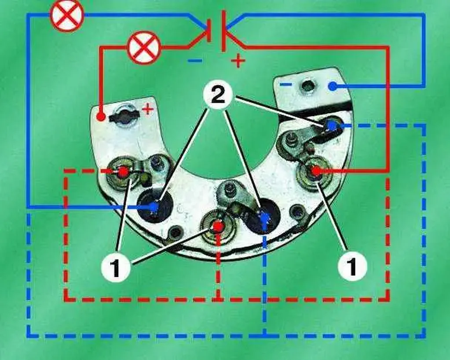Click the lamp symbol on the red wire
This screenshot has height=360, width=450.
[143, 48]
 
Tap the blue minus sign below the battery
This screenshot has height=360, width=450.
[195, 61]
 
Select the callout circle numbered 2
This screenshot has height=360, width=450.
[218, 96]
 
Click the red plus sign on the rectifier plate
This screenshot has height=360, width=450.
[148, 109]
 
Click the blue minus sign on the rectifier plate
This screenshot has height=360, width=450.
[286, 84]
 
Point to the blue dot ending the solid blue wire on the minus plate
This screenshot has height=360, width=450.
[333, 86]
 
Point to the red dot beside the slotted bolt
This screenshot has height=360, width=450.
[100, 117]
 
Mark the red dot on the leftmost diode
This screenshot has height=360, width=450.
[124, 172]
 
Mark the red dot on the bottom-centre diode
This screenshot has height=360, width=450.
[218, 227]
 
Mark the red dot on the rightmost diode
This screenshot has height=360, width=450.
[316, 171]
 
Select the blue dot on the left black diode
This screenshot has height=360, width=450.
[154, 206]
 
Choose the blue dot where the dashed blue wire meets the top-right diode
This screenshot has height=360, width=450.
[332, 125]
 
